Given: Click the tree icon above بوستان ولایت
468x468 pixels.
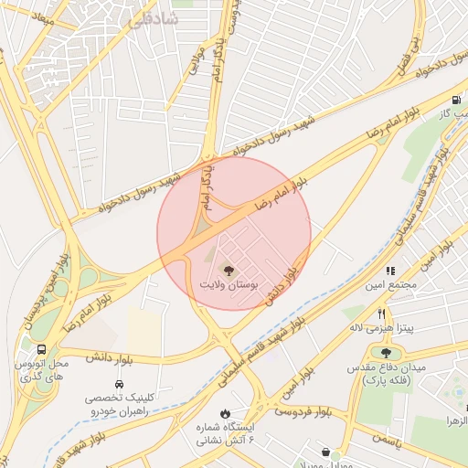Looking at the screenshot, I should (228, 270).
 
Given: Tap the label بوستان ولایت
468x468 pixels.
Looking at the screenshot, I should (229, 286).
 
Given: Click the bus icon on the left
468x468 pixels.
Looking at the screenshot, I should (42, 349).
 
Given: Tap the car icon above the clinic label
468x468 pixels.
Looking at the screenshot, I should (119, 384).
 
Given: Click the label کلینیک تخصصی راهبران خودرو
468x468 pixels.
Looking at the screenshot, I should (119, 405).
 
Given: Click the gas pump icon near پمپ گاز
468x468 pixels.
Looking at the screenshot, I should (454, 101).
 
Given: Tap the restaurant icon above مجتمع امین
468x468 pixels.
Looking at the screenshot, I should (390, 271).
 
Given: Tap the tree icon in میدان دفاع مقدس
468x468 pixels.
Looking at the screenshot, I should (386, 352).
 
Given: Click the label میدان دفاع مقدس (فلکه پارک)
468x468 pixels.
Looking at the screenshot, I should (392, 373).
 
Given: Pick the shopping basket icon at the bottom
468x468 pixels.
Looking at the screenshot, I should (326, 451).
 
